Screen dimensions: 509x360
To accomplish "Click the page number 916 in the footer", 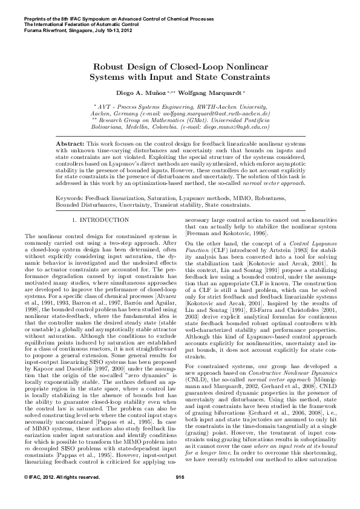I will [180, 494].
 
